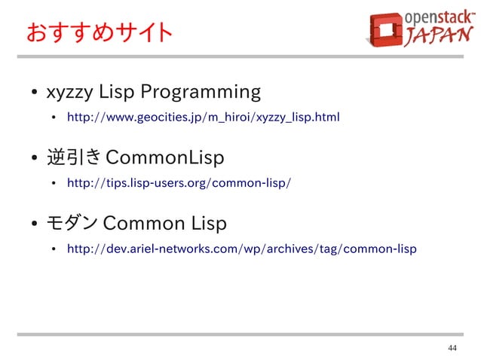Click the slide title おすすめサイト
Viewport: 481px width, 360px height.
click(99, 33)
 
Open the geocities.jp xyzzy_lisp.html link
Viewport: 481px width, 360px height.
click(203, 117)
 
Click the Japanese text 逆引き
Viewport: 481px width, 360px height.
click(74, 159)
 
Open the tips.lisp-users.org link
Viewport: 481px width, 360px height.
click(179, 183)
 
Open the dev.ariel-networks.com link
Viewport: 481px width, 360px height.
click(241, 249)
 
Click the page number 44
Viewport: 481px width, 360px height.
click(452, 348)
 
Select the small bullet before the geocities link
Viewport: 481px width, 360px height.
click(54, 118)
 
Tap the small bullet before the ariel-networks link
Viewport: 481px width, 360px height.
click(54, 249)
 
